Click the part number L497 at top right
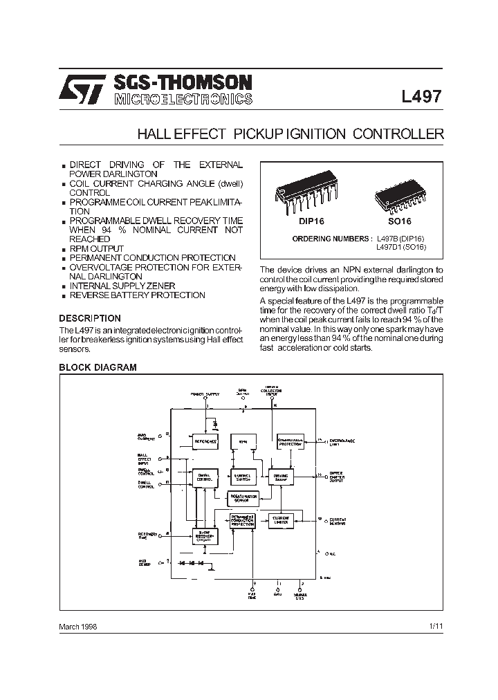pos(421,98)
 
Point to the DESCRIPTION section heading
pos(90,318)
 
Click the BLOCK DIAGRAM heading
pos(98,367)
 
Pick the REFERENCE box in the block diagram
pos(205,441)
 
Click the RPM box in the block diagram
pos(243,441)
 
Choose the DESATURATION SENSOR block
pos(242,497)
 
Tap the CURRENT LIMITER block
pos(279,519)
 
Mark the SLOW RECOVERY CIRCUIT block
pos(205,537)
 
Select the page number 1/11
pos(436,625)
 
